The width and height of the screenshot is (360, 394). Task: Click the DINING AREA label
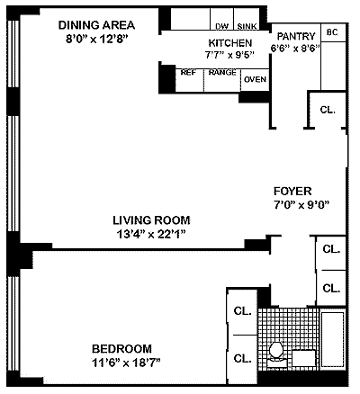tap(96, 25)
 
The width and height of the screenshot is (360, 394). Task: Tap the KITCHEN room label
tap(230, 43)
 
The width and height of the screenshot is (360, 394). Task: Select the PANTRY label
tap(296, 36)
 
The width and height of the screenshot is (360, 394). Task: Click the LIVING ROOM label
tap(151, 220)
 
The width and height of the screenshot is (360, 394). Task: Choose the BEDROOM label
tap(121, 349)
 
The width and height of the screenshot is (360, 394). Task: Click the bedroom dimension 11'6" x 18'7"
tap(126, 363)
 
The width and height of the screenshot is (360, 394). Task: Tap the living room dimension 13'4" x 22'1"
tap(151, 234)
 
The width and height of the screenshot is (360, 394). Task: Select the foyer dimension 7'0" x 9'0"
tap(301, 205)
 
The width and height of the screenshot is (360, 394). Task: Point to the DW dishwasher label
tap(221, 26)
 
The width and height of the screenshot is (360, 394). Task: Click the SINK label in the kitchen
tap(247, 26)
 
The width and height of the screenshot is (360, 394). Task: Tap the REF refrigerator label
tap(188, 73)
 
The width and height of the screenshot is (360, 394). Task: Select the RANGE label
tap(222, 73)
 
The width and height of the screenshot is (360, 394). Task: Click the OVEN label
tap(255, 79)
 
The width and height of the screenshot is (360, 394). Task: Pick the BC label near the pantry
tap(332, 32)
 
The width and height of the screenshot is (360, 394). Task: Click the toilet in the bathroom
tap(275, 355)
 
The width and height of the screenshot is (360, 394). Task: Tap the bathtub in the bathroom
tap(332, 339)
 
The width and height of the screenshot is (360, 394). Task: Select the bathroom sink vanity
tap(304, 358)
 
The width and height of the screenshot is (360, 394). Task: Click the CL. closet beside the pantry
tap(328, 110)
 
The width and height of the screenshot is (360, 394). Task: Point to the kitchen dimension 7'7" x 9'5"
tap(229, 55)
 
